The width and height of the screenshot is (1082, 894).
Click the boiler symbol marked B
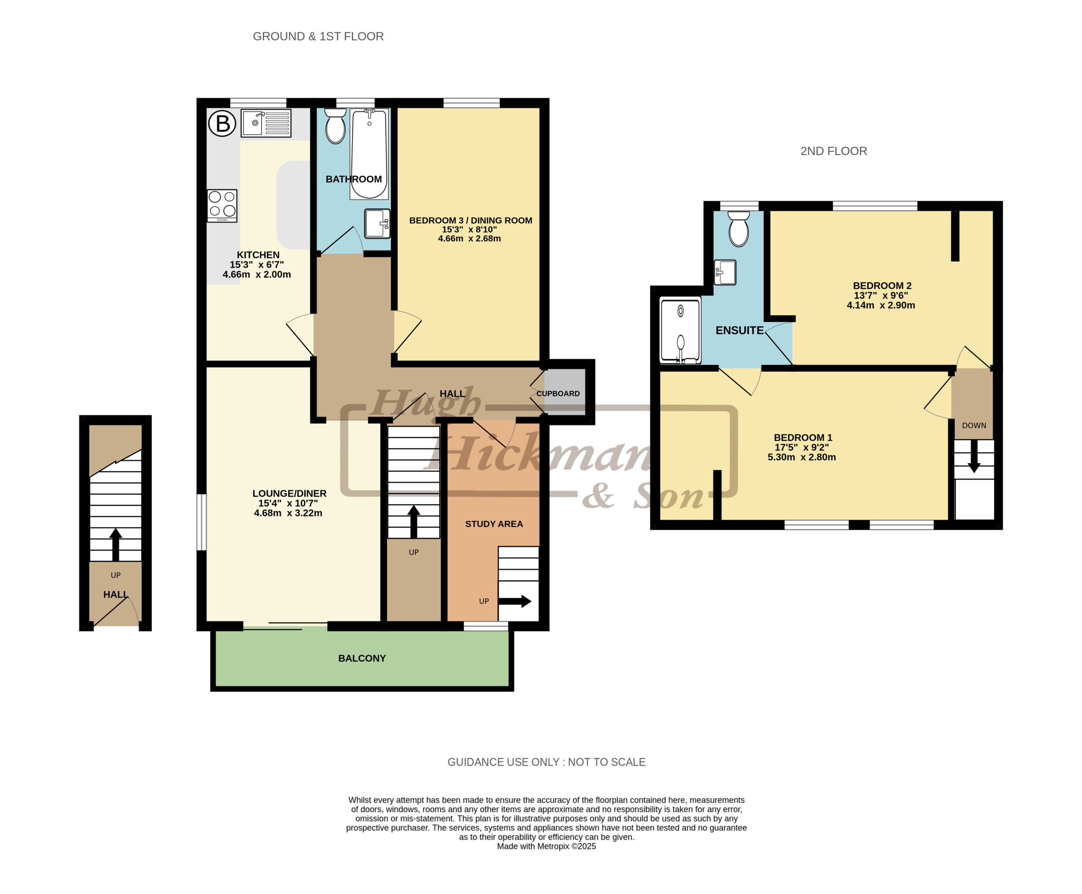tap(222, 123)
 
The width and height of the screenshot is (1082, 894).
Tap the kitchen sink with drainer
tap(266, 123)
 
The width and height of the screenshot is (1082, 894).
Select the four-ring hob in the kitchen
tap(222, 205)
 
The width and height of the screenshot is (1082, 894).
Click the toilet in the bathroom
tap(335, 125)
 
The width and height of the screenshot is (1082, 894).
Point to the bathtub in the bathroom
tap(369, 153)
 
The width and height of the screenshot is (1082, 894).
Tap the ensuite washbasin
tap(724, 272)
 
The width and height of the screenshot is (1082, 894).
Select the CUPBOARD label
tap(558, 394)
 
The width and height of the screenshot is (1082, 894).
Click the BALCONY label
tap(361, 658)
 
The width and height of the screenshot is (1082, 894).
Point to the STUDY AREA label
tap(494, 524)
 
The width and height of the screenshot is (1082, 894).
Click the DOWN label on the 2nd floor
tap(974, 425)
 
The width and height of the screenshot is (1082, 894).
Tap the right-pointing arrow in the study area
tap(514, 601)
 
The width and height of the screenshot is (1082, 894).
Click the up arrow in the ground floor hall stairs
tap(115, 544)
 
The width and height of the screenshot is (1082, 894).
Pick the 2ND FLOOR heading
tap(833, 151)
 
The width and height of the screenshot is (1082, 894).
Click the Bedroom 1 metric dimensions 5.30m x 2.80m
tap(801, 457)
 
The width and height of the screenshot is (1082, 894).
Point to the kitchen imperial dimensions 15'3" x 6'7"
tap(257, 265)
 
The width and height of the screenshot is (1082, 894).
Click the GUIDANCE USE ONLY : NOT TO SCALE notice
tap(546, 762)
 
